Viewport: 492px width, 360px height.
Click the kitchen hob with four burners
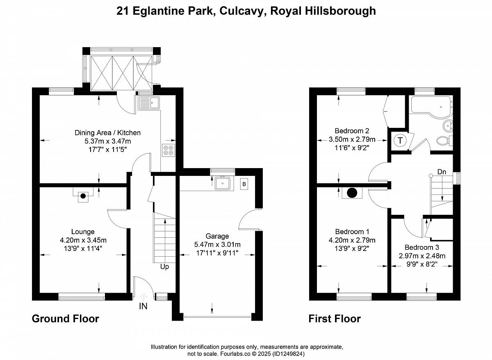coord(169,150)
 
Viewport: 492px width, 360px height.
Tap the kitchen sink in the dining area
coord(149,103)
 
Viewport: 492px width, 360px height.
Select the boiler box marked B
coord(244,184)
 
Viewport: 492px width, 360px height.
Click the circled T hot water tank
coord(400,140)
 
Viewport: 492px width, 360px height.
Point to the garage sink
coord(223,184)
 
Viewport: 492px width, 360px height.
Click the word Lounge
coord(83,232)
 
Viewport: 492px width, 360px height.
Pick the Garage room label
coord(217,236)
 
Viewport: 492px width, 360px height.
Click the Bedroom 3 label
coord(422,247)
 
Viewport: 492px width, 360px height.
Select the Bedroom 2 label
coord(352,131)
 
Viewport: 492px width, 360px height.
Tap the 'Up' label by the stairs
coord(164,267)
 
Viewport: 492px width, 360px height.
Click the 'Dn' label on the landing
coord(442,172)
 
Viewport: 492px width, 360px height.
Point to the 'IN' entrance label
coord(143,306)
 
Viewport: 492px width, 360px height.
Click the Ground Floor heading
coord(66,319)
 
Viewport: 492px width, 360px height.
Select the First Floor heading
coord(335,319)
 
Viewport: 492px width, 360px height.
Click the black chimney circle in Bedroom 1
coord(352,192)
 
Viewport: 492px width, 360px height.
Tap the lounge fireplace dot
coord(83,196)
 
